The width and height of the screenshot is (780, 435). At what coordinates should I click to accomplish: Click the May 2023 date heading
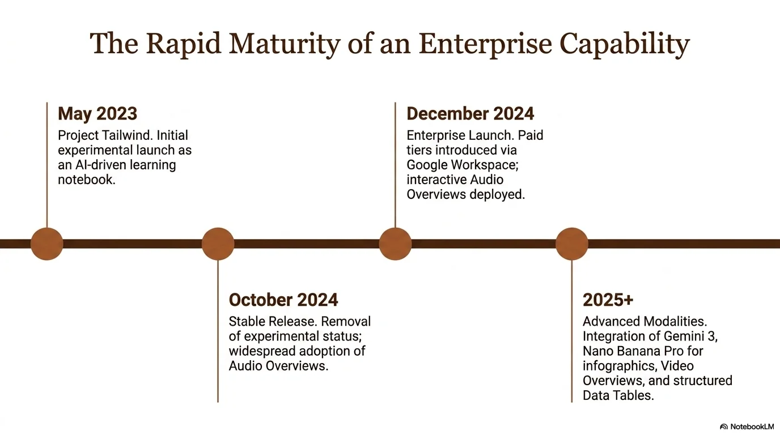[x=97, y=114]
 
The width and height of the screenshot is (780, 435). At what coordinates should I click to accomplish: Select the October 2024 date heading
[x=283, y=300]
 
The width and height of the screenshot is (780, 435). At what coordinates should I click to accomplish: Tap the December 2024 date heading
[x=470, y=113]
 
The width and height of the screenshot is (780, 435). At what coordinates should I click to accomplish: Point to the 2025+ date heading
[x=608, y=300]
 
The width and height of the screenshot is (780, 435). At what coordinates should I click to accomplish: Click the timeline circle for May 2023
[x=46, y=244]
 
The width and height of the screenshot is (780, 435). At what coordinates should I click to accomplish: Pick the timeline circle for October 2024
[x=218, y=244]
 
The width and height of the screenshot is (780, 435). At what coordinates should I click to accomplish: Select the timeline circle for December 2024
[x=395, y=244]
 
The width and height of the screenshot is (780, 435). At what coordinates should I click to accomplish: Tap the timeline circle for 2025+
[x=572, y=244]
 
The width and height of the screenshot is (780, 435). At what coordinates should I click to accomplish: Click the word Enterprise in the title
[x=485, y=44]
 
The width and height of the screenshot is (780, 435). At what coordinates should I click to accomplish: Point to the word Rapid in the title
[x=184, y=44]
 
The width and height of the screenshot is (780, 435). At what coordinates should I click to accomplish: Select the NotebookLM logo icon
[x=724, y=427]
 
